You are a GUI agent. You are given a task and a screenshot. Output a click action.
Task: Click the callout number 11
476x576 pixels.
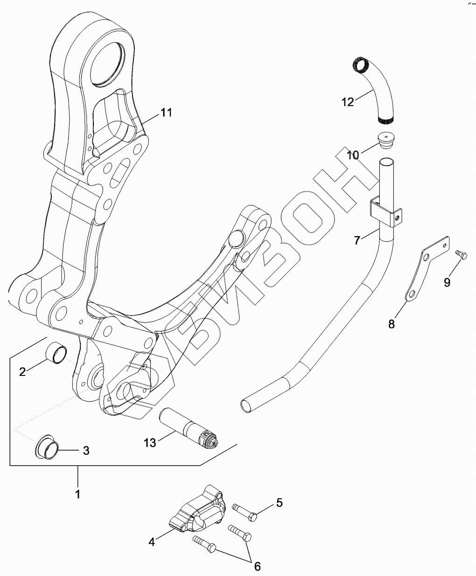tap(166, 112)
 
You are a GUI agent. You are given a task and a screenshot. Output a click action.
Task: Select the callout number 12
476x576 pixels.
tap(348, 101)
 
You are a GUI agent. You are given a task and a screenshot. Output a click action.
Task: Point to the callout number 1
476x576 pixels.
tap(78, 493)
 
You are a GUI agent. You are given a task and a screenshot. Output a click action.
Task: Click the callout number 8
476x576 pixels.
tap(391, 324)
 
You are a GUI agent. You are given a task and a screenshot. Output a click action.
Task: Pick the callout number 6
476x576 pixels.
tap(257, 566)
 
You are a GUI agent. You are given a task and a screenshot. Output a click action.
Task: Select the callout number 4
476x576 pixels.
tap(151, 542)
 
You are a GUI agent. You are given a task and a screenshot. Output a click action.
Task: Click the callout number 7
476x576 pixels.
tap(357, 241)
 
